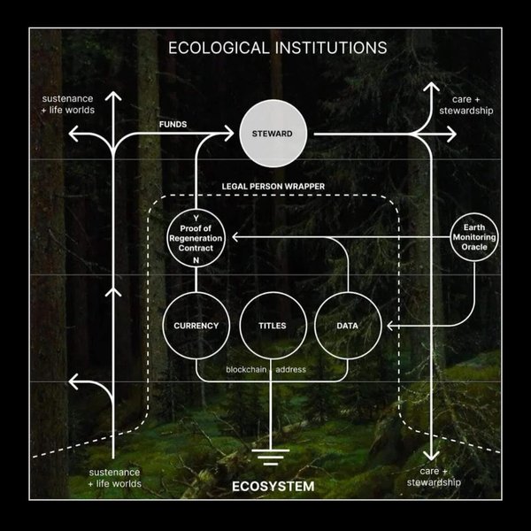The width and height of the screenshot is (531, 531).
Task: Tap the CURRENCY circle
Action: click(x=196, y=326)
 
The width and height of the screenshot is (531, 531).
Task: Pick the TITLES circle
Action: click(x=272, y=326)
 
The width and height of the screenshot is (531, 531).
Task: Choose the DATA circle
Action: click(x=347, y=326)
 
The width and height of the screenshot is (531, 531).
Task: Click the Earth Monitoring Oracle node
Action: click(x=474, y=236)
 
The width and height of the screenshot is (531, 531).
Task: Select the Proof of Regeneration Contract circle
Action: click(x=196, y=237)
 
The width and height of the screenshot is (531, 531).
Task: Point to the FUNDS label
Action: click(x=173, y=125)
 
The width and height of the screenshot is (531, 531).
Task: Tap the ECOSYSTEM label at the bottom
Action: click(x=273, y=487)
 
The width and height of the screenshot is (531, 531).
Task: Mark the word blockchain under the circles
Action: click(x=246, y=369)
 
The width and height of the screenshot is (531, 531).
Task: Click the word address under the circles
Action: click(x=291, y=369)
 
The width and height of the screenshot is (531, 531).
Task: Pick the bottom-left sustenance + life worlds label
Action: click(x=115, y=478)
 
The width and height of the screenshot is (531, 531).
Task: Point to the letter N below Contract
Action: click(x=196, y=260)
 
